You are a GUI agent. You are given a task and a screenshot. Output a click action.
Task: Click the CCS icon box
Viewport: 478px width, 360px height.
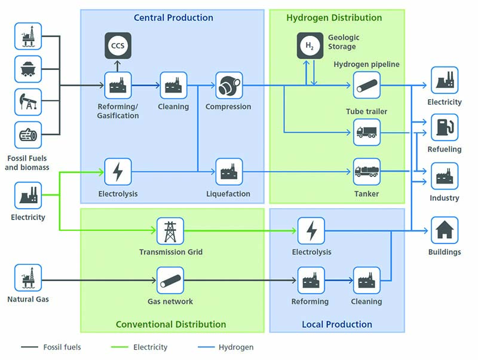(x=118, y=45)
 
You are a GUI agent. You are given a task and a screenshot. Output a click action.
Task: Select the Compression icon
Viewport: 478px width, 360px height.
(x=228, y=86)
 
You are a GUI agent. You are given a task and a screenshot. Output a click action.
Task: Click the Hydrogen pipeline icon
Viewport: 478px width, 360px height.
(x=366, y=86)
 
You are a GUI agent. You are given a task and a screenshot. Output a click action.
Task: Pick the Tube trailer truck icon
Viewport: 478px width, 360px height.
(x=366, y=132)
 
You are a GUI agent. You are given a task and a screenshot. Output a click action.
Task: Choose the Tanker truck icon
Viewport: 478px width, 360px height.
(x=366, y=172)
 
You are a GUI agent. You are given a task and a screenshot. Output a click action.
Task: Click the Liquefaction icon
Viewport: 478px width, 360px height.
(x=228, y=172)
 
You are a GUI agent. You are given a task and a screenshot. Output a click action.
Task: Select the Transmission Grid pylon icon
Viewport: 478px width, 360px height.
(x=170, y=231)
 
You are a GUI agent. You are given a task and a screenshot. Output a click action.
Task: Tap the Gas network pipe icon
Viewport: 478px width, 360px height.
(x=170, y=280)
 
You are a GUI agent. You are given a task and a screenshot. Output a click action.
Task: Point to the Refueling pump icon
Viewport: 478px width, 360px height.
(x=445, y=127)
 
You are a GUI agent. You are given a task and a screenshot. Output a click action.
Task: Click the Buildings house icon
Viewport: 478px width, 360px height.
(x=445, y=230)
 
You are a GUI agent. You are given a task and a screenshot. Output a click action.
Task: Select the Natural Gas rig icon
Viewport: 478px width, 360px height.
(x=28, y=278)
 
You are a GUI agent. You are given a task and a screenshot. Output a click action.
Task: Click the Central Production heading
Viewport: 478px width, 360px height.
(x=173, y=17)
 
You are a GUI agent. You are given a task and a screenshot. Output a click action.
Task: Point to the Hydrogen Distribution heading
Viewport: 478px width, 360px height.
(x=334, y=17)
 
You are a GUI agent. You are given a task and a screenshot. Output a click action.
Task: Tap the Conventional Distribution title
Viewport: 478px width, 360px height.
(x=171, y=324)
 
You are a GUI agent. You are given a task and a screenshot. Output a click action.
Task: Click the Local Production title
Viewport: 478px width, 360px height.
(x=337, y=324)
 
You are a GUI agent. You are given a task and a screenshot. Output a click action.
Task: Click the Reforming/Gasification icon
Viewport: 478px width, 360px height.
(x=118, y=86)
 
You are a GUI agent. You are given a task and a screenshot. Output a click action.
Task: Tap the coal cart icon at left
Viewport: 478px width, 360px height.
(x=28, y=69)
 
